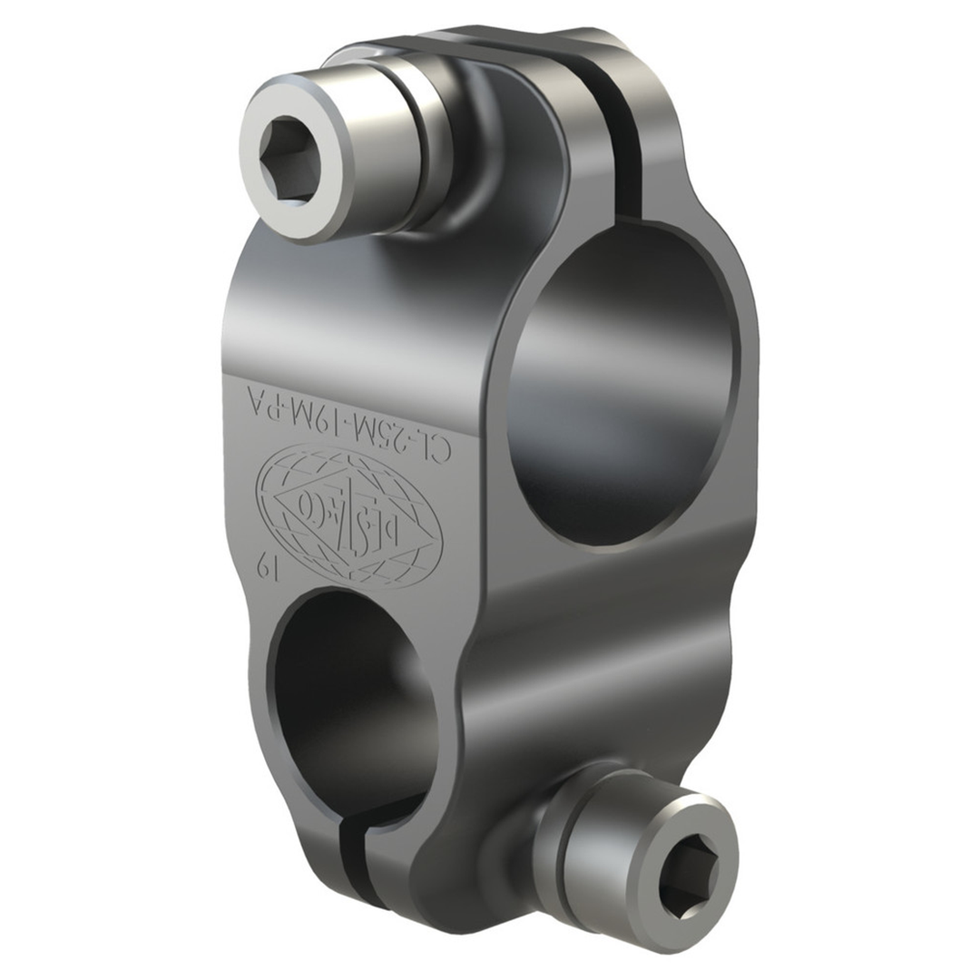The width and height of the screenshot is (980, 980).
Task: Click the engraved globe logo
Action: (348, 504)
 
